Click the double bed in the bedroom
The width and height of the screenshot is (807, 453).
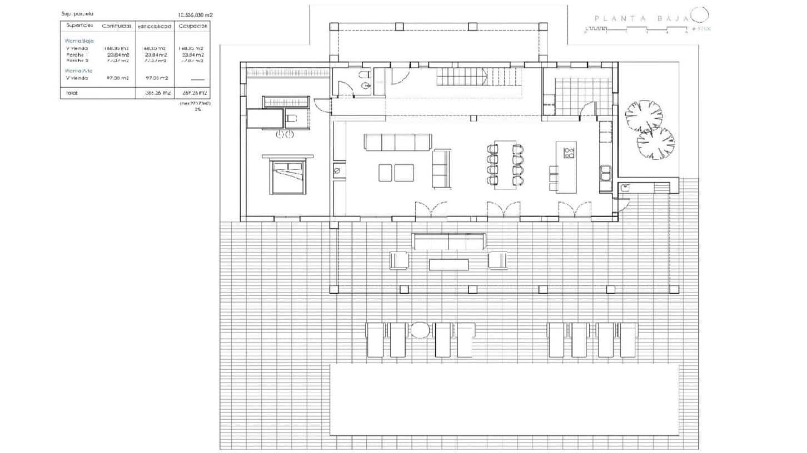[x=287, y=176]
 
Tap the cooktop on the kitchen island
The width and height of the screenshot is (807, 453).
[x=569, y=153]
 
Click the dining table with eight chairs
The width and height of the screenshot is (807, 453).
[x=505, y=165]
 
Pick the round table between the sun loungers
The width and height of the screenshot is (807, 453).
[x=420, y=330]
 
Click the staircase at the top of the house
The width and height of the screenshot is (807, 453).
[x=479, y=77]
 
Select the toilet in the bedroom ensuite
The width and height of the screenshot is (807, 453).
[x=291, y=118]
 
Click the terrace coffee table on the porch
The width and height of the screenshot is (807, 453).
[x=449, y=264]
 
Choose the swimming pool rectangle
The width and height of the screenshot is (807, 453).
[x=504, y=400]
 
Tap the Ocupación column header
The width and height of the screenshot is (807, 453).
[x=193, y=26]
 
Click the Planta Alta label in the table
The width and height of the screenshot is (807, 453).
[x=78, y=71]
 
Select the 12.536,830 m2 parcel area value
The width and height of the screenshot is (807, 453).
[x=195, y=14]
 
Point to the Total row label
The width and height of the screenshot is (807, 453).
[x=72, y=93]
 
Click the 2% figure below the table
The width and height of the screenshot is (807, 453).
[x=197, y=109]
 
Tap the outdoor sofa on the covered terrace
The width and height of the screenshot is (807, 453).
[x=449, y=242]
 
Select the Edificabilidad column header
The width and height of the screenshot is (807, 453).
[x=154, y=26]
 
